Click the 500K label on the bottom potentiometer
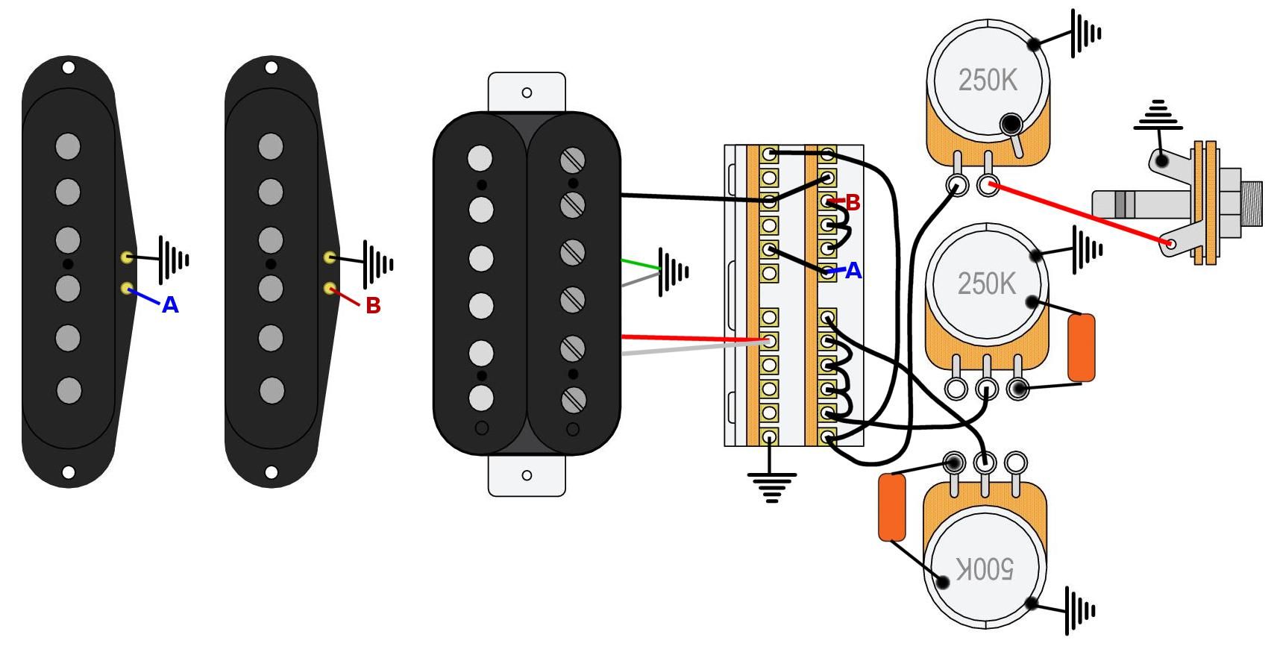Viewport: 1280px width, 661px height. (985, 569)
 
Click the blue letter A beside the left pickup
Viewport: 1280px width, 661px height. (170, 305)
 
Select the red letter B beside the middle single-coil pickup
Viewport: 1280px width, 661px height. (373, 305)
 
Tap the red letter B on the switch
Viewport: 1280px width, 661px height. (853, 202)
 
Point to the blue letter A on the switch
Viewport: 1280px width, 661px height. (853, 272)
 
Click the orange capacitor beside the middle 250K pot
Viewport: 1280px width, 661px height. (1081, 348)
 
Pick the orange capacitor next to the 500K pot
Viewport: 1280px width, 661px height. (892, 507)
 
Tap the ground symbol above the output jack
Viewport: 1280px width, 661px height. (1157, 116)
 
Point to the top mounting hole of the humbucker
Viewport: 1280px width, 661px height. (527, 93)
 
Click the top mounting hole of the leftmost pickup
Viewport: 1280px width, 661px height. (68, 68)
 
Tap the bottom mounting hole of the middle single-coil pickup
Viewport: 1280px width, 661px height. (272, 472)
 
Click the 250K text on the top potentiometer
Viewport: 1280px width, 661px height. (988, 81)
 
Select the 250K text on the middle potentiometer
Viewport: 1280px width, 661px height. (986, 283)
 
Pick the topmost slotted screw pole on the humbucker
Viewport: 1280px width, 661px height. (573, 160)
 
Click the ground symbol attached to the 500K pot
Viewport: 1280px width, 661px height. (1079, 610)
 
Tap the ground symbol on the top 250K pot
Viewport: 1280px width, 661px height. (1085, 34)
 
